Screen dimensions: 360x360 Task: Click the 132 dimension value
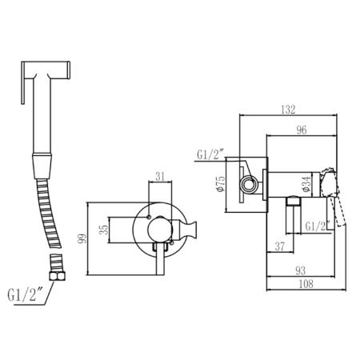click(x=288, y=110)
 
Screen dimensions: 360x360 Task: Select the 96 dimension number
click(x=302, y=130)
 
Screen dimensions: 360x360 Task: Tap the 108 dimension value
click(x=306, y=284)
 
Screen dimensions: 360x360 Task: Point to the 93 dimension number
click(x=300, y=271)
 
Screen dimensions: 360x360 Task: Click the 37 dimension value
click(x=280, y=246)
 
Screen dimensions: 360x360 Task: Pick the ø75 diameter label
click(x=222, y=184)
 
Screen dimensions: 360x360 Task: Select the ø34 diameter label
click(x=306, y=184)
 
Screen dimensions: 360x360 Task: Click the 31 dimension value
click(x=160, y=177)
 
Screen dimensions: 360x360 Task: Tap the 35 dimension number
click(x=103, y=230)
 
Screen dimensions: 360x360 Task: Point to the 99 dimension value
click(x=82, y=238)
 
